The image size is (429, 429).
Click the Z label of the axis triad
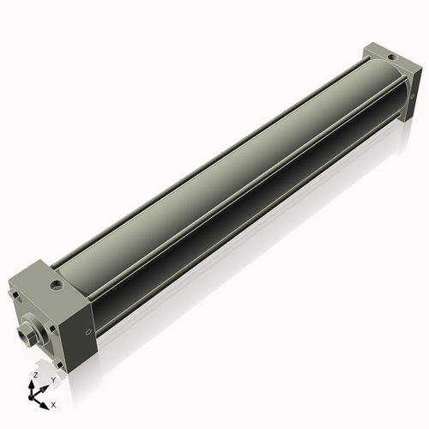point(35,376)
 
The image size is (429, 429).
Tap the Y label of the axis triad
point(53,380)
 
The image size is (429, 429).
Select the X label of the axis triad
point(53,403)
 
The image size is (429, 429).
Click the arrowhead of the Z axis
point(35,384)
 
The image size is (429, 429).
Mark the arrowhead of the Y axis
point(46,385)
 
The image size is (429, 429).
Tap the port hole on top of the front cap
point(57,282)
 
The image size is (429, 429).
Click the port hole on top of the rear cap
point(391,57)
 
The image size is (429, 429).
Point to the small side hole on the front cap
point(88,334)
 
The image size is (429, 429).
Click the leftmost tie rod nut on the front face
point(14,297)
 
